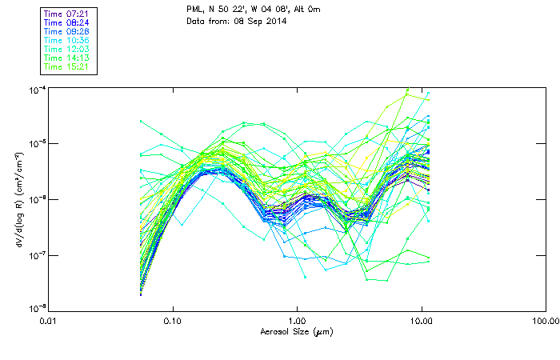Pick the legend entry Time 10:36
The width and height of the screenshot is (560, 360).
pos(66,41)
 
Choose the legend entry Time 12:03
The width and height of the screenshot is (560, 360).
pos(66,50)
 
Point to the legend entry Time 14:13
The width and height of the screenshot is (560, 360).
pos(66,58)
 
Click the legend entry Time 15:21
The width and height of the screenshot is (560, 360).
pos(66,67)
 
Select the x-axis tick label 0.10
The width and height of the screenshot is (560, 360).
pos(173,322)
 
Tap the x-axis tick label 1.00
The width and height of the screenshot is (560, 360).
pos(297,322)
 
